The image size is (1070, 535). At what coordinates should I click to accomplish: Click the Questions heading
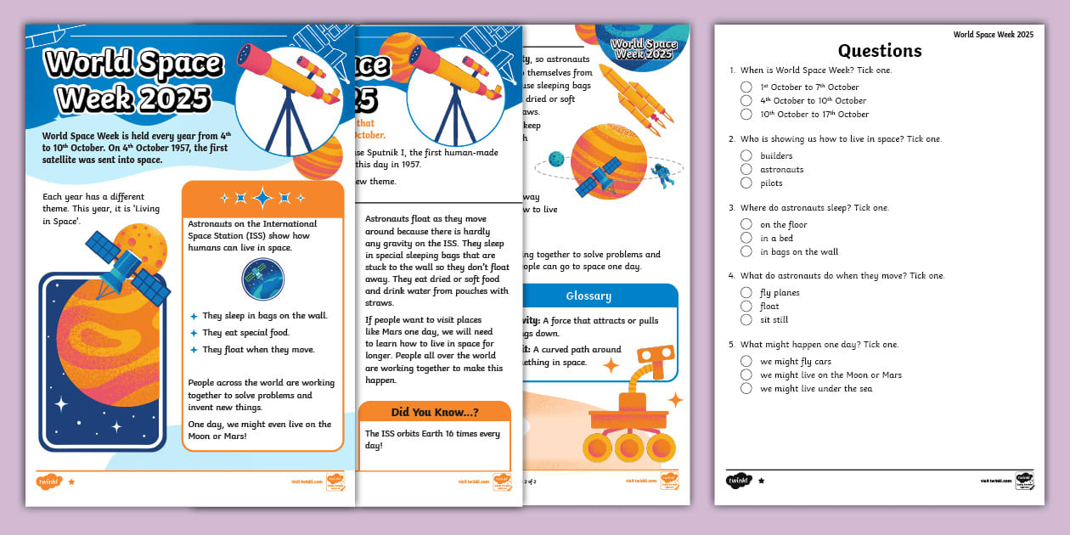point(880,50)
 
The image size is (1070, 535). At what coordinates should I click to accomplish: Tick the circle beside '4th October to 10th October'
point(746,100)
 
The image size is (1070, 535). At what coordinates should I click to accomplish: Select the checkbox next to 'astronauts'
point(746,169)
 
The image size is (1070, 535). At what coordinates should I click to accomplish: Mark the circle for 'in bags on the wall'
point(746,251)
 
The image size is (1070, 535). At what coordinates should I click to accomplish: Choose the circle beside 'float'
point(746,306)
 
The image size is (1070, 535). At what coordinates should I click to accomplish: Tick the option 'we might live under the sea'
point(746,388)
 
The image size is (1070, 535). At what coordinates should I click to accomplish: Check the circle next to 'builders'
point(746,155)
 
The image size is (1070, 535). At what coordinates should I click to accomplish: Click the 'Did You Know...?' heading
point(434,413)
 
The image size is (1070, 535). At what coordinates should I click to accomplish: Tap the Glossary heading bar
point(588,296)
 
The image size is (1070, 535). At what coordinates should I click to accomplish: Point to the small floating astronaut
point(662,176)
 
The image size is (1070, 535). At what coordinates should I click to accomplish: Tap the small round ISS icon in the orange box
point(262,279)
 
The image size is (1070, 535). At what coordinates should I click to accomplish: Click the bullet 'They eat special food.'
point(245,333)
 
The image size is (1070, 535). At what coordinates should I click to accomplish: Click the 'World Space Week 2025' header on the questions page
point(993,34)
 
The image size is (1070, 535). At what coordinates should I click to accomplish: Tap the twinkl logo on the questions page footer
point(737,481)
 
